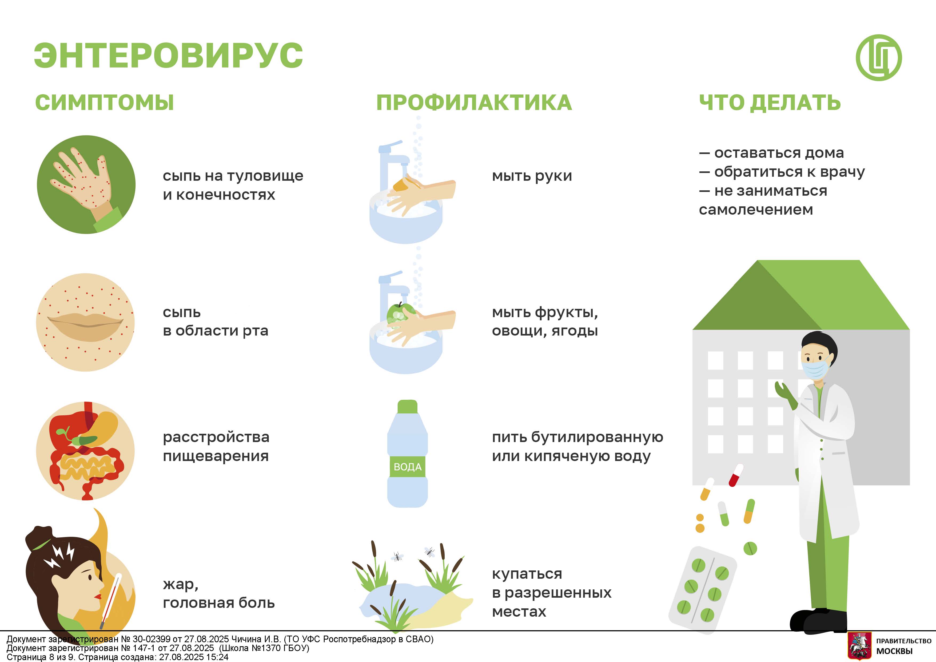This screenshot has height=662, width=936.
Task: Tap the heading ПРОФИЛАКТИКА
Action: pos(474,103)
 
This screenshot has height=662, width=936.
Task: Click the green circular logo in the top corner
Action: pos(879,57)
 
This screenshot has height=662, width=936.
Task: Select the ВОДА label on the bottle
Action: pos(407,467)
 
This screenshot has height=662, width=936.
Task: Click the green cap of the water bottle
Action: pos(407,406)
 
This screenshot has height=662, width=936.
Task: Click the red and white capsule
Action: pos(736,475)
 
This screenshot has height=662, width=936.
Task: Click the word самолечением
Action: pos(756,210)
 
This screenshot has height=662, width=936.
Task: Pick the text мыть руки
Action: pos(532,176)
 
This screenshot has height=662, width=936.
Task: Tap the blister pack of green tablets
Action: pos(702,590)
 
